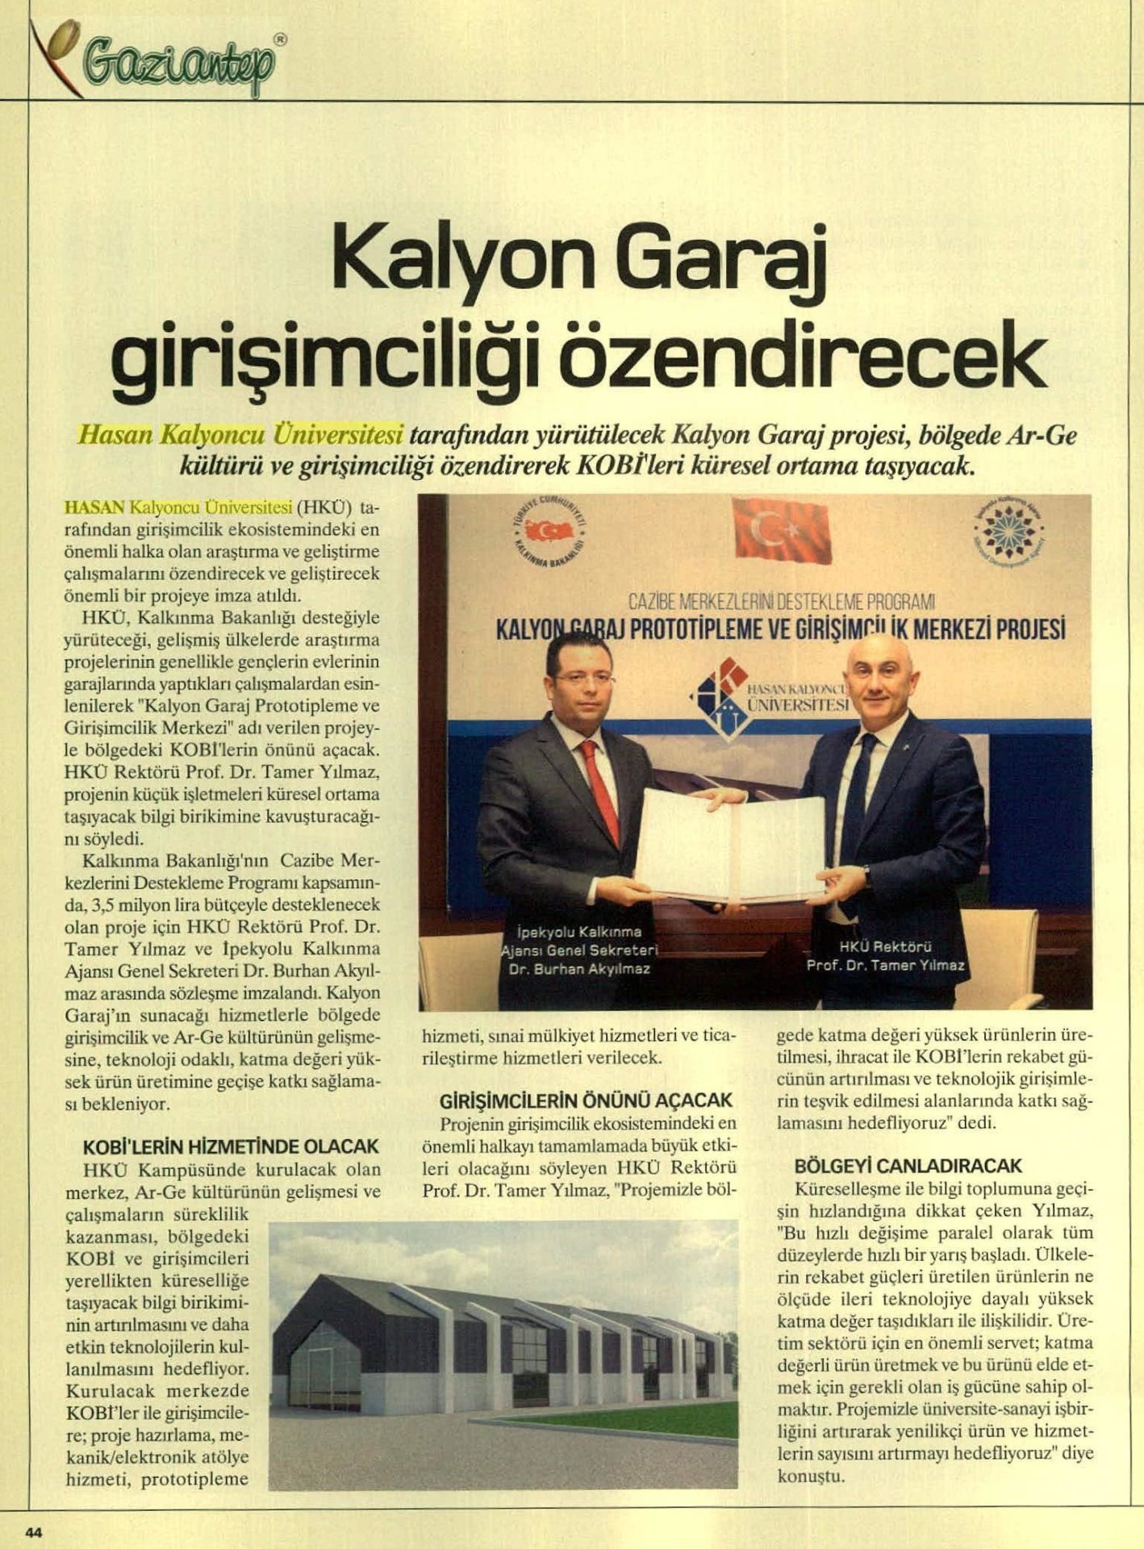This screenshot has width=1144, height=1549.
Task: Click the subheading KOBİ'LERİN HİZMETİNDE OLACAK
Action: click(x=231, y=1146)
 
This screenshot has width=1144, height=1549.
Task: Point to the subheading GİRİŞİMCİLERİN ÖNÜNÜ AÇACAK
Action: click(x=587, y=1100)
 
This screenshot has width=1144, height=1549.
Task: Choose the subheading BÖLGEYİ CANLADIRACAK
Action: click(x=908, y=1166)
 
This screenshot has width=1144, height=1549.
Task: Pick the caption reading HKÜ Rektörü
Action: click(x=886, y=946)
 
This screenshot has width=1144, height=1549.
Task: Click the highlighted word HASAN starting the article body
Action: click(x=93, y=507)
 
